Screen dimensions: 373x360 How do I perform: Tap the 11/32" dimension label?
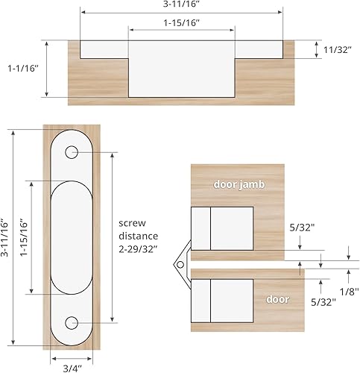point(338,50)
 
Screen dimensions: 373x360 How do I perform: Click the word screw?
point(135,223)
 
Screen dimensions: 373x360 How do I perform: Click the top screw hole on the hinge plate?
point(72,153)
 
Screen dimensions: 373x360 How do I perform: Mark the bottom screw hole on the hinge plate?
point(72,322)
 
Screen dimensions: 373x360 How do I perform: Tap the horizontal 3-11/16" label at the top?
point(182,5)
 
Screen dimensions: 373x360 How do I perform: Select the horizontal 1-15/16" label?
point(181,22)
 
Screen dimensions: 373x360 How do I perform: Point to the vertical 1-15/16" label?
point(24,237)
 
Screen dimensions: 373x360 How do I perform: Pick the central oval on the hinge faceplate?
point(72,236)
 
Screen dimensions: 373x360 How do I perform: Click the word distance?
point(139,236)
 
